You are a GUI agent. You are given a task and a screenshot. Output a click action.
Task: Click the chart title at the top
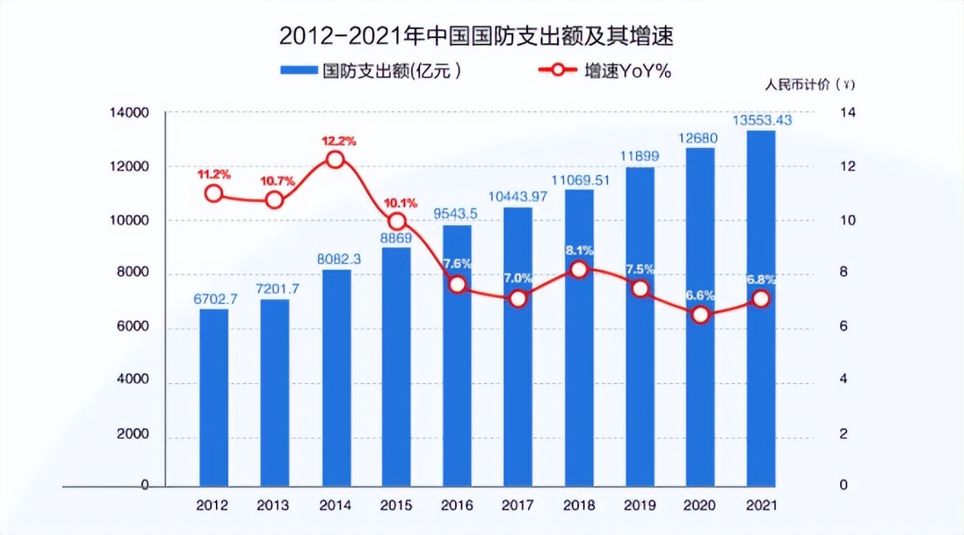(x=481, y=36)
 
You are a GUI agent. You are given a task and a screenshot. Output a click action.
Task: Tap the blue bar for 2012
(x=214, y=397)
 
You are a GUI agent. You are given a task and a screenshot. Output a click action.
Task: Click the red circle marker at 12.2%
(x=335, y=160)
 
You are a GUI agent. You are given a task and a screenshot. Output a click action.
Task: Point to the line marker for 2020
(x=701, y=316)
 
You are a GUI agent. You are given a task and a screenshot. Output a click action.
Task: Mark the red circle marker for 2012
(x=214, y=193)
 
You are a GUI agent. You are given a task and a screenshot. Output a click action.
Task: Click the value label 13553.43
(x=761, y=120)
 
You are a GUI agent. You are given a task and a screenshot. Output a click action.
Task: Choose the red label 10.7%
(x=275, y=180)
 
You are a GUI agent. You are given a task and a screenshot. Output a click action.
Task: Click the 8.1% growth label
(x=578, y=251)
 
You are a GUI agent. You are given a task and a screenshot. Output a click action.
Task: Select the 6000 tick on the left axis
(x=133, y=327)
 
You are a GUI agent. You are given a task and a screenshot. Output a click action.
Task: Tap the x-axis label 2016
(x=456, y=505)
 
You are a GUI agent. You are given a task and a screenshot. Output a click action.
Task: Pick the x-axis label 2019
(x=640, y=505)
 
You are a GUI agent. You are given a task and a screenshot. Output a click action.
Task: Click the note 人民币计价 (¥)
(x=809, y=84)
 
